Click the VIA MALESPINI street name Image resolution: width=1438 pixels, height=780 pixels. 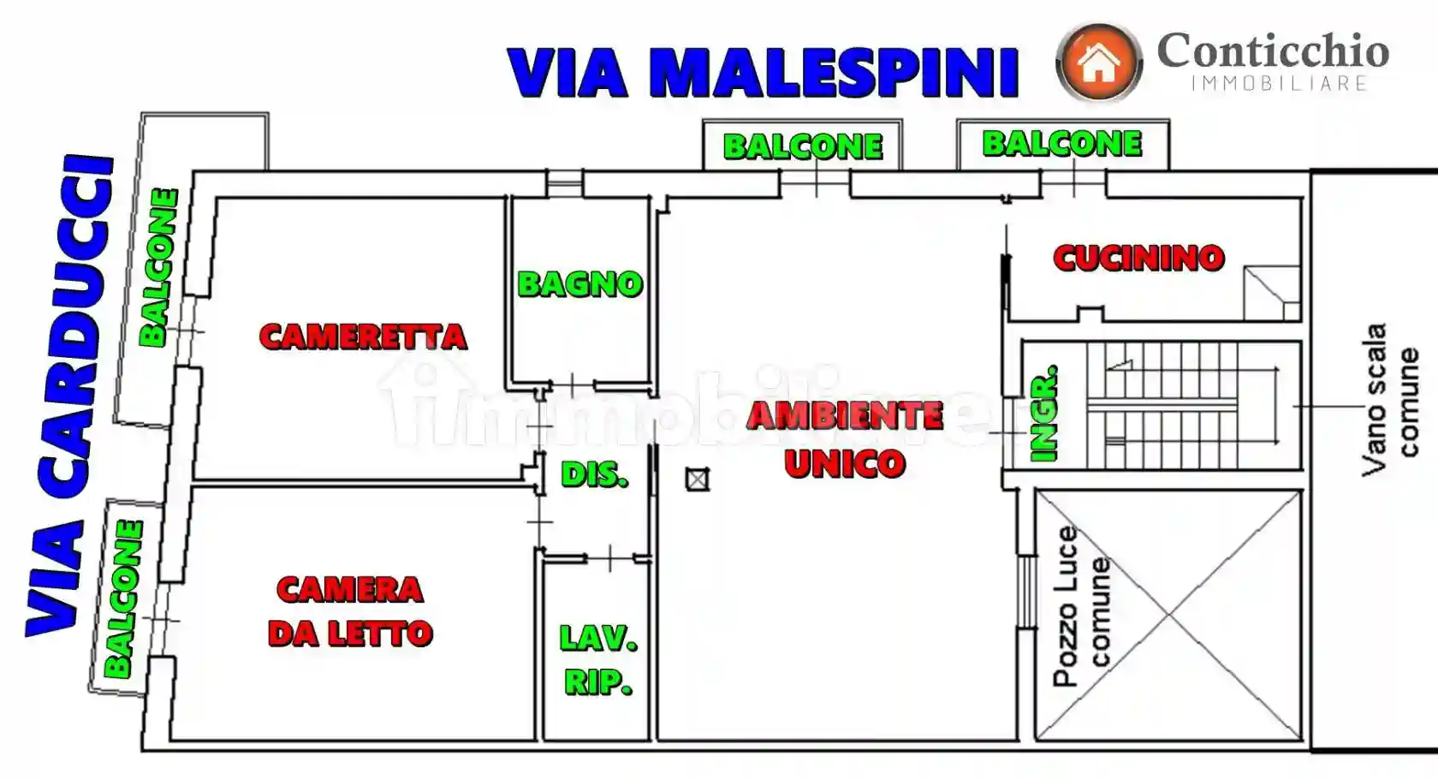tap(763, 73)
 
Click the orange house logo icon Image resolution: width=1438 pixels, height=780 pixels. tap(1099, 63)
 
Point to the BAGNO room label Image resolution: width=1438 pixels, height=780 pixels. tap(579, 284)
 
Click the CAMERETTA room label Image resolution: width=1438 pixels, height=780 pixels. tap(363, 336)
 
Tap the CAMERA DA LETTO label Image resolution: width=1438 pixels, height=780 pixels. tap(350, 611)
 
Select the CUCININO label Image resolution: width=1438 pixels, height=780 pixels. tap(1138, 258)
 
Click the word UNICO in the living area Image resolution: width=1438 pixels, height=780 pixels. tap(845, 464)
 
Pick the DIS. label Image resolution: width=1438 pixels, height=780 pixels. tap(595, 474)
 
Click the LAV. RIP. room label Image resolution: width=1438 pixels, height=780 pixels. tap(598, 659)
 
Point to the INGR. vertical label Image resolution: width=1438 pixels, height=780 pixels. tap(1044, 414)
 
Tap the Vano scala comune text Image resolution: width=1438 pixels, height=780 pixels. tap(1389, 399)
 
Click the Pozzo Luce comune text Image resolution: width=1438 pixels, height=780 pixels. tap(1082, 606)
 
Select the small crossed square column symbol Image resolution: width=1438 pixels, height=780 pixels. tap(698, 479)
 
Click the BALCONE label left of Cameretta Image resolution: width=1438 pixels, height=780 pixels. tap(158, 267)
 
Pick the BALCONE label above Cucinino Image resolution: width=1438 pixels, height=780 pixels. tap(1061, 144)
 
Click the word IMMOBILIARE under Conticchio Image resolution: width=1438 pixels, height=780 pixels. tap(1279, 83)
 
